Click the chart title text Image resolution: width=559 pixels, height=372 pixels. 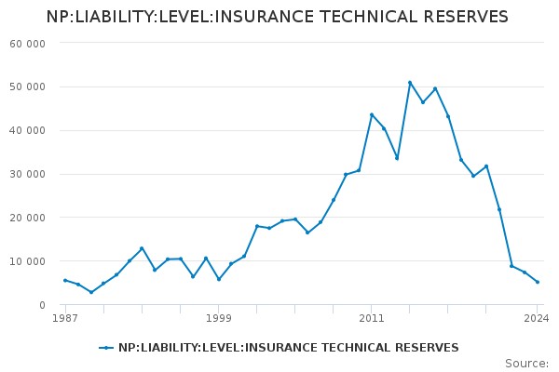[x=278, y=17]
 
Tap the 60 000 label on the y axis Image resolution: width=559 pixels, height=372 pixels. [x=28, y=44]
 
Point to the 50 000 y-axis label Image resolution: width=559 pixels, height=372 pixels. [x=28, y=87]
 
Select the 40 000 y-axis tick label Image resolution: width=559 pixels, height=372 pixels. [x=28, y=131]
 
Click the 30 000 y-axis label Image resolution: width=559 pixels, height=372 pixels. [x=28, y=175]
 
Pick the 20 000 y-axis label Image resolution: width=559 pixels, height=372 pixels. [x=28, y=218]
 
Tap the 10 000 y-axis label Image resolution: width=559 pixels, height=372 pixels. [x=28, y=261]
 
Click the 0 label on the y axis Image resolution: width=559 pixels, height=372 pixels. [x=42, y=305]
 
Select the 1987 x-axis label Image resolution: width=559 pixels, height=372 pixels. [x=64, y=318]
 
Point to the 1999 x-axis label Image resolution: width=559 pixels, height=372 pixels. [x=219, y=318]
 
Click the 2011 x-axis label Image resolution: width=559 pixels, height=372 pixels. [x=372, y=318]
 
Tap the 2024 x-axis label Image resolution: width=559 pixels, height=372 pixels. [x=537, y=318]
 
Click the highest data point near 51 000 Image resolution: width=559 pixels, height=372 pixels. [x=410, y=83]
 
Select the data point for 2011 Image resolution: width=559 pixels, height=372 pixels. [x=372, y=114]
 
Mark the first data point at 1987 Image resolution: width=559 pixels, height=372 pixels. [x=65, y=280]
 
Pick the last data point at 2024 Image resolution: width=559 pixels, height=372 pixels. [x=538, y=282]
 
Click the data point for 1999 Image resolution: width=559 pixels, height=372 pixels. [x=219, y=279]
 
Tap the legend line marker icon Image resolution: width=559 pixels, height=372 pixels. [x=106, y=348]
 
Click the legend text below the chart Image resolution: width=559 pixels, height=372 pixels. [x=289, y=348]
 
